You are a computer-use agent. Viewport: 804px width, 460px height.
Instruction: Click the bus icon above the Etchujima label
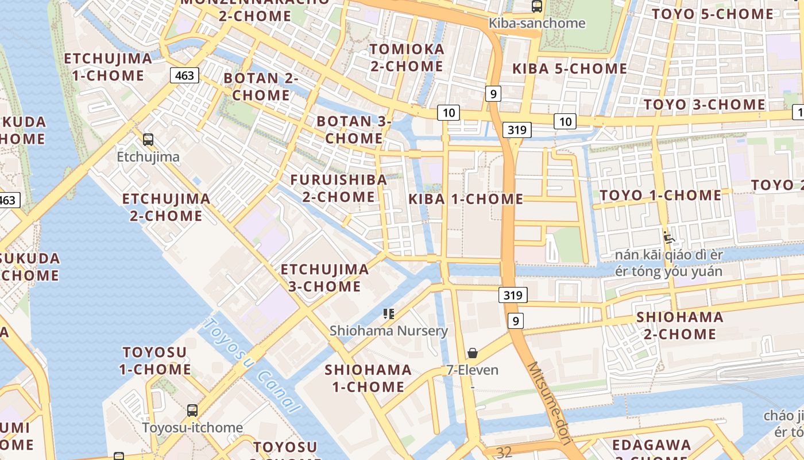(148, 139)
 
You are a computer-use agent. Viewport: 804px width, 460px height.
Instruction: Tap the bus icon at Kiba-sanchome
(537, 6)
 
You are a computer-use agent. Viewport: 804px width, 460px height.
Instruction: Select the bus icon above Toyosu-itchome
(192, 411)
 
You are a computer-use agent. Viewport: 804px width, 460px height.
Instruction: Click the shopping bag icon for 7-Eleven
(473, 352)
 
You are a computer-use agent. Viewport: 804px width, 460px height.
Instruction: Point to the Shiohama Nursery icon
(389, 314)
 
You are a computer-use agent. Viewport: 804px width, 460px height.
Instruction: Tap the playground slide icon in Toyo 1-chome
(668, 237)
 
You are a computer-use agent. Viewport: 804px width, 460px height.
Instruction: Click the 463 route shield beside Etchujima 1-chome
(184, 75)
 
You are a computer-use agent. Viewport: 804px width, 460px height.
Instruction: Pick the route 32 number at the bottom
(504, 453)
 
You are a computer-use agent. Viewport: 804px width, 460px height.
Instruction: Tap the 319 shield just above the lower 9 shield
(512, 296)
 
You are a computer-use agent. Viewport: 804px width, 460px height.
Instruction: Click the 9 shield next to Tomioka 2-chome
(493, 93)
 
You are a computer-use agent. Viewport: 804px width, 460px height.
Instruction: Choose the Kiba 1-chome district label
(466, 200)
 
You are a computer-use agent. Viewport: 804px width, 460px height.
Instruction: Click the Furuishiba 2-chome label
(338, 188)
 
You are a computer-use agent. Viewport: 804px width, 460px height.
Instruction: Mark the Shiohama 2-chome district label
(679, 325)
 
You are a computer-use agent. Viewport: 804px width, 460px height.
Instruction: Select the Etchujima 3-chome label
(324, 278)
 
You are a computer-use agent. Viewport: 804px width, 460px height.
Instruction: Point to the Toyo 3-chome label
(704, 105)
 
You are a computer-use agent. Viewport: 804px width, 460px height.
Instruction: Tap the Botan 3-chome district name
(354, 130)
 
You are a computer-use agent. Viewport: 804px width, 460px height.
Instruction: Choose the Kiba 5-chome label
(569, 69)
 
